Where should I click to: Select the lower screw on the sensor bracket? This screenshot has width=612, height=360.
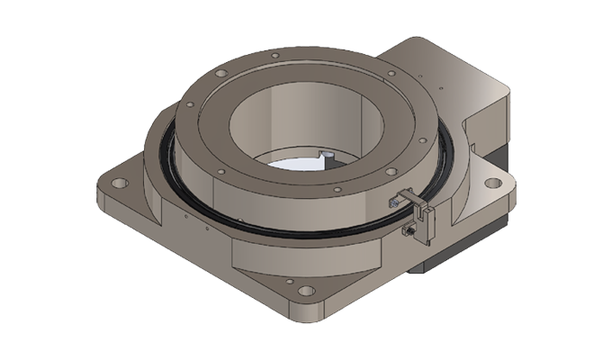(x=408, y=233)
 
